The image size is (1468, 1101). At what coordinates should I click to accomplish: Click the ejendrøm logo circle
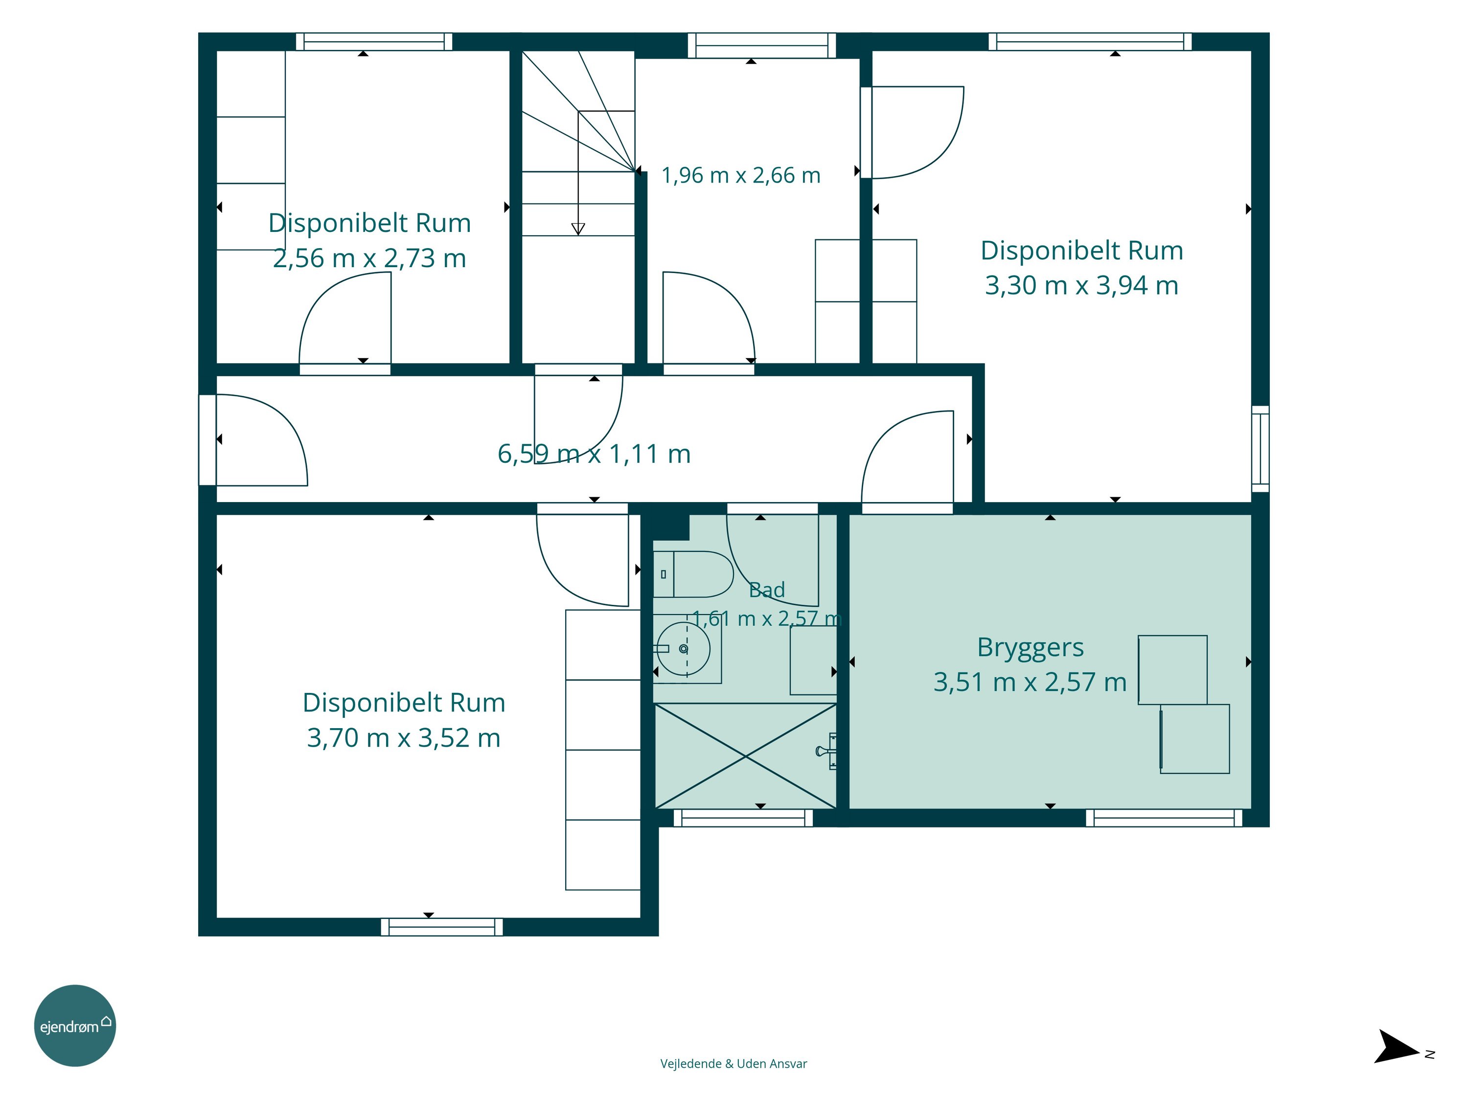75,1025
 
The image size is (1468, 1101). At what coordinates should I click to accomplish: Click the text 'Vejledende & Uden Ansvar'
734,1064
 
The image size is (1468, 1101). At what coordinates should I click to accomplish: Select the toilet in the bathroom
693,574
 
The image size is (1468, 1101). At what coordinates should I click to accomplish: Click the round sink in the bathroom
684,648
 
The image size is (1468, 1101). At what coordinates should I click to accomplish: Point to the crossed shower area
745,756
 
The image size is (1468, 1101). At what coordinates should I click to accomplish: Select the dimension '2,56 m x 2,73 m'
369,258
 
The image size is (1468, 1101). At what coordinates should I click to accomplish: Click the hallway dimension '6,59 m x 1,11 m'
594,454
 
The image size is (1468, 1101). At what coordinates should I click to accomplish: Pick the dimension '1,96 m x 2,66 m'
741,175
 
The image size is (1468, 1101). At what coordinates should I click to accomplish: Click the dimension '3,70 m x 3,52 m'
404,738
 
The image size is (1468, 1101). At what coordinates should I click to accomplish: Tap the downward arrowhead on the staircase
578,229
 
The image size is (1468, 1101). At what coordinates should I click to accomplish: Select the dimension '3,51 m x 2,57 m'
1030,682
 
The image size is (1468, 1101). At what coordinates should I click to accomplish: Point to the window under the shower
743,818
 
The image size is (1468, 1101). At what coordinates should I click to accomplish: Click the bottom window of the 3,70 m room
442,927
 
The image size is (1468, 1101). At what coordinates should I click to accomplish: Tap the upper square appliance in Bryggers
1172,669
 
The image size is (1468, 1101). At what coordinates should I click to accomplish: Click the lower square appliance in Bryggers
1194,738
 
